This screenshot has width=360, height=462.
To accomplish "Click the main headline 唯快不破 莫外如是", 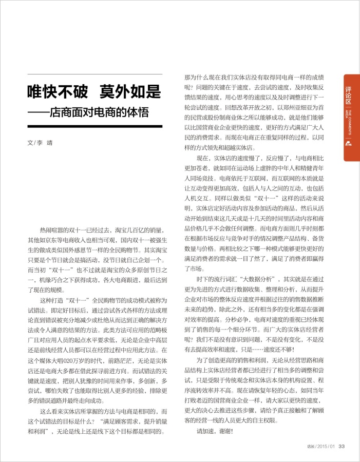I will point(94,93).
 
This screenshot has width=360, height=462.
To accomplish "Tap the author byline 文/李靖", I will point(40,143).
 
